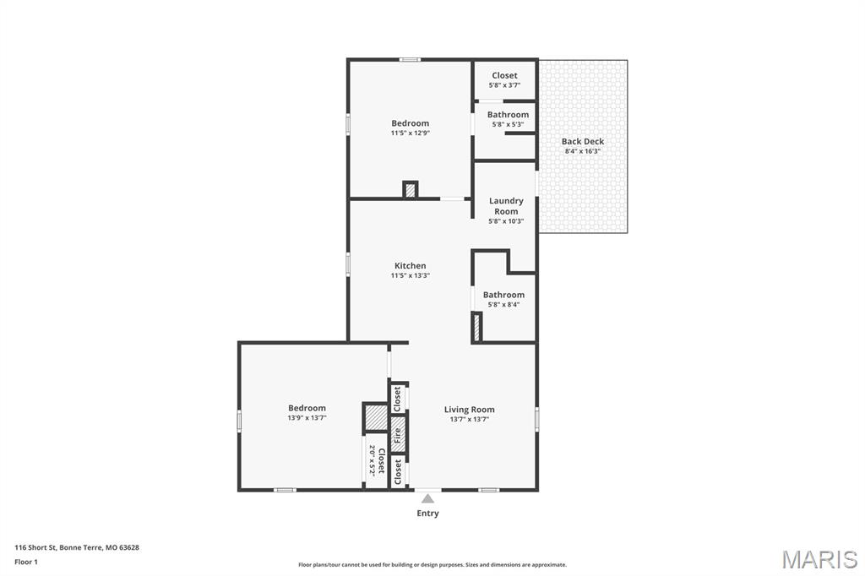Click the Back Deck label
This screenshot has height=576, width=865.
[x=583, y=141]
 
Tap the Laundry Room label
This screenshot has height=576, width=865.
[x=506, y=206]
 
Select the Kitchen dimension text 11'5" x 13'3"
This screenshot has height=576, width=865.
[x=410, y=275]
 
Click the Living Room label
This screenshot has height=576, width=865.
[x=470, y=410]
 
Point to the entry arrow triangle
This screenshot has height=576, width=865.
[x=428, y=498]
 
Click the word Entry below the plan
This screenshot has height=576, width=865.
[x=428, y=514]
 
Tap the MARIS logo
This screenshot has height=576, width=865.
[x=819, y=559]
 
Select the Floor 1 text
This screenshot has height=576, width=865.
[x=26, y=562]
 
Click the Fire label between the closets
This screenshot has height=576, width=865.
[x=398, y=436]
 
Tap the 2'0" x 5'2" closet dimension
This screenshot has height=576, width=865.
[x=372, y=461]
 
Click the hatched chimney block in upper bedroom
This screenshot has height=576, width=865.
[x=411, y=191]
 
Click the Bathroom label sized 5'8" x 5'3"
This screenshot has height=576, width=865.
[x=508, y=115]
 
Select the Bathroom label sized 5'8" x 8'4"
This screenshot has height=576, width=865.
[x=503, y=295]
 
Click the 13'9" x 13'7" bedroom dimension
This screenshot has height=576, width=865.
[x=307, y=418]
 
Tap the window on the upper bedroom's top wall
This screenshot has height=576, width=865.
[x=411, y=60]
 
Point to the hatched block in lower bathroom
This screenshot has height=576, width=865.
[x=476, y=327]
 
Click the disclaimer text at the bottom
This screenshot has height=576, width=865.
[x=432, y=565]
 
